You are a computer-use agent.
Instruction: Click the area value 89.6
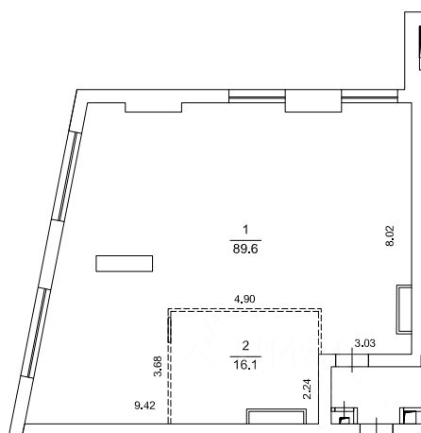click(245, 249)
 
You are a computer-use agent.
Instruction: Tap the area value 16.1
click(245, 365)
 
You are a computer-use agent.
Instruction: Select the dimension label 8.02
click(390, 235)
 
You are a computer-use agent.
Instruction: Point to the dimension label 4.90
click(244, 299)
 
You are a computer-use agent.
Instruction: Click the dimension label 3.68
click(158, 366)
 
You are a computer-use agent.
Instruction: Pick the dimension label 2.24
click(307, 389)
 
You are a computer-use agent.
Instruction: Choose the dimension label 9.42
click(144, 406)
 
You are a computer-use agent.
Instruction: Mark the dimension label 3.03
click(365, 343)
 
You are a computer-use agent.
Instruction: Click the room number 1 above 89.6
click(245, 230)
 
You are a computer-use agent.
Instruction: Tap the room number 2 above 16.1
click(245, 346)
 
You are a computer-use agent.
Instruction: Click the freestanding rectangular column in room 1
click(125, 264)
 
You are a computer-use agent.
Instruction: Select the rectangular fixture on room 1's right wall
click(404, 309)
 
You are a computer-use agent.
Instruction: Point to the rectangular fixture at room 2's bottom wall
click(277, 416)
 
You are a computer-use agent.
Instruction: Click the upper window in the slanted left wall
click(67, 177)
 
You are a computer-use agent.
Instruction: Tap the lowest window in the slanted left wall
click(36, 333)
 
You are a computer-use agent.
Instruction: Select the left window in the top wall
click(257, 96)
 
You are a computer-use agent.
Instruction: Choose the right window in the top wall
click(370, 96)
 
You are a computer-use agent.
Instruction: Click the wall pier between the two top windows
click(313, 101)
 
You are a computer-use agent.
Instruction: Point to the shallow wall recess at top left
click(154, 108)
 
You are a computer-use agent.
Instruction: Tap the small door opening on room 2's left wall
click(169, 330)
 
